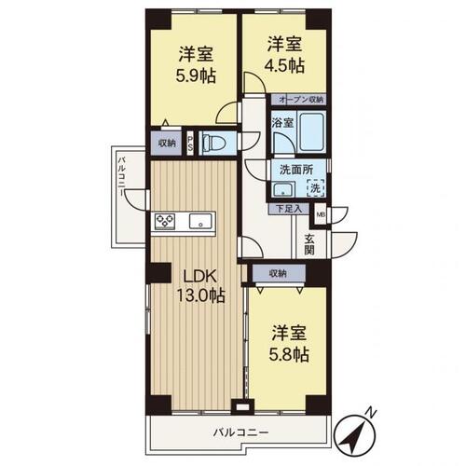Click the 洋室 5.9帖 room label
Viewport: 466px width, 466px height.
pos(196,65)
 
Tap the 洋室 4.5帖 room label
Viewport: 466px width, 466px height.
pos(284,54)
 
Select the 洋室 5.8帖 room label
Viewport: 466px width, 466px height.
pos(289,344)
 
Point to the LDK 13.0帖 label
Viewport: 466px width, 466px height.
pos(200,286)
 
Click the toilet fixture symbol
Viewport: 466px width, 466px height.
pos(213,143)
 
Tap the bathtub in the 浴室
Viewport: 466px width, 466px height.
pos(312,131)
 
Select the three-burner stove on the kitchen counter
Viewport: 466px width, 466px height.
pos(165,222)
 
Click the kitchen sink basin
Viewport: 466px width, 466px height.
pos(200,222)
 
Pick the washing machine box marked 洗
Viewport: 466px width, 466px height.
pos(316,188)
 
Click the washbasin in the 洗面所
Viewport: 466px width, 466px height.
pos(283,189)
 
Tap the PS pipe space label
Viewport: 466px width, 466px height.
pos(190,144)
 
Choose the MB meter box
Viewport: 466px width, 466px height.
pos(321,213)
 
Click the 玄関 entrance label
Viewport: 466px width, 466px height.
pos(309,244)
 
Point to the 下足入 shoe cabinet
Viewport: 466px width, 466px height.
pos(289,209)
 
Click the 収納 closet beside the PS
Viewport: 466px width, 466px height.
pos(167,144)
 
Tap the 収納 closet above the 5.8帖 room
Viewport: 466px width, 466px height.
pos(279,274)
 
